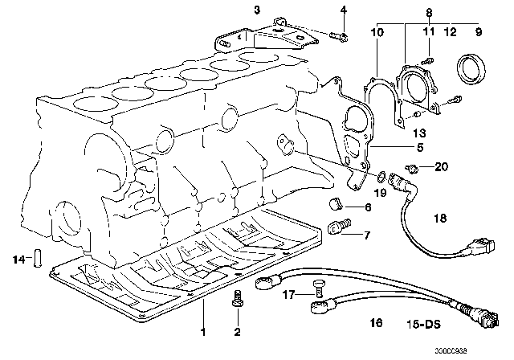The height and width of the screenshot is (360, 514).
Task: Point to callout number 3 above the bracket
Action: pyautogui.click(x=234, y=10)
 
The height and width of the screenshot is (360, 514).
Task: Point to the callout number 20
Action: pyautogui.click(x=439, y=167)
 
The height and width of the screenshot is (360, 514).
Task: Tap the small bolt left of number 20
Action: pyautogui.click(x=413, y=170)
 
